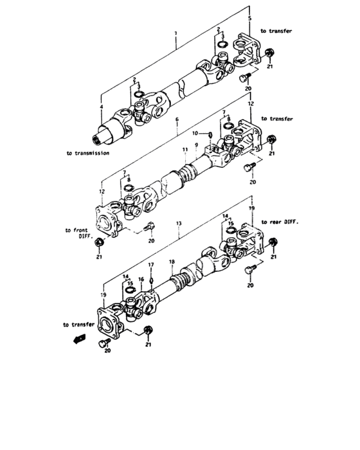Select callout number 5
tap(251, 18)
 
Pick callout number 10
tap(201, 133)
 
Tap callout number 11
tap(184, 150)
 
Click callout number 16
tap(141, 280)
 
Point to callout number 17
tap(151, 265)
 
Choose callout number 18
tap(171, 262)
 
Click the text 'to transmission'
tap(87, 154)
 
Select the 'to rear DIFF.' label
tap(281, 221)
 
